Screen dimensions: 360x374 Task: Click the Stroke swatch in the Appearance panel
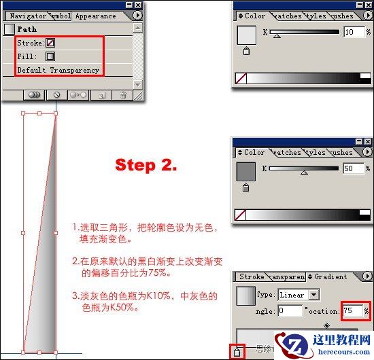point(50,42)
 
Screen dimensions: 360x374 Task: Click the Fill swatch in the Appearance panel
point(50,56)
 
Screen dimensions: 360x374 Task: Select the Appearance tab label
point(96,16)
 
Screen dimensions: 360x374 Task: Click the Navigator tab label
point(27,16)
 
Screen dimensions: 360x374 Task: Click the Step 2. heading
point(146,165)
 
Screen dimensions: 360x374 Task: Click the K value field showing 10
point(353,32)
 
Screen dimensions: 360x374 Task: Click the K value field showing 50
point(353,168)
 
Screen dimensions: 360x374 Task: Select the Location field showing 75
point(352,310)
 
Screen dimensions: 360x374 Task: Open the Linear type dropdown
point(313,295)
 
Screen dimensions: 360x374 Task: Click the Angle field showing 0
point(289,310)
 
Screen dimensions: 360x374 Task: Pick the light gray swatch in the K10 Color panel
point(246,35)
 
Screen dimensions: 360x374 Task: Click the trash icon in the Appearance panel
point(123,96)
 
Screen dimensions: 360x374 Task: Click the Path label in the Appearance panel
point(27,29)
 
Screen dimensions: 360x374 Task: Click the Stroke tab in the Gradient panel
point(252,277)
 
